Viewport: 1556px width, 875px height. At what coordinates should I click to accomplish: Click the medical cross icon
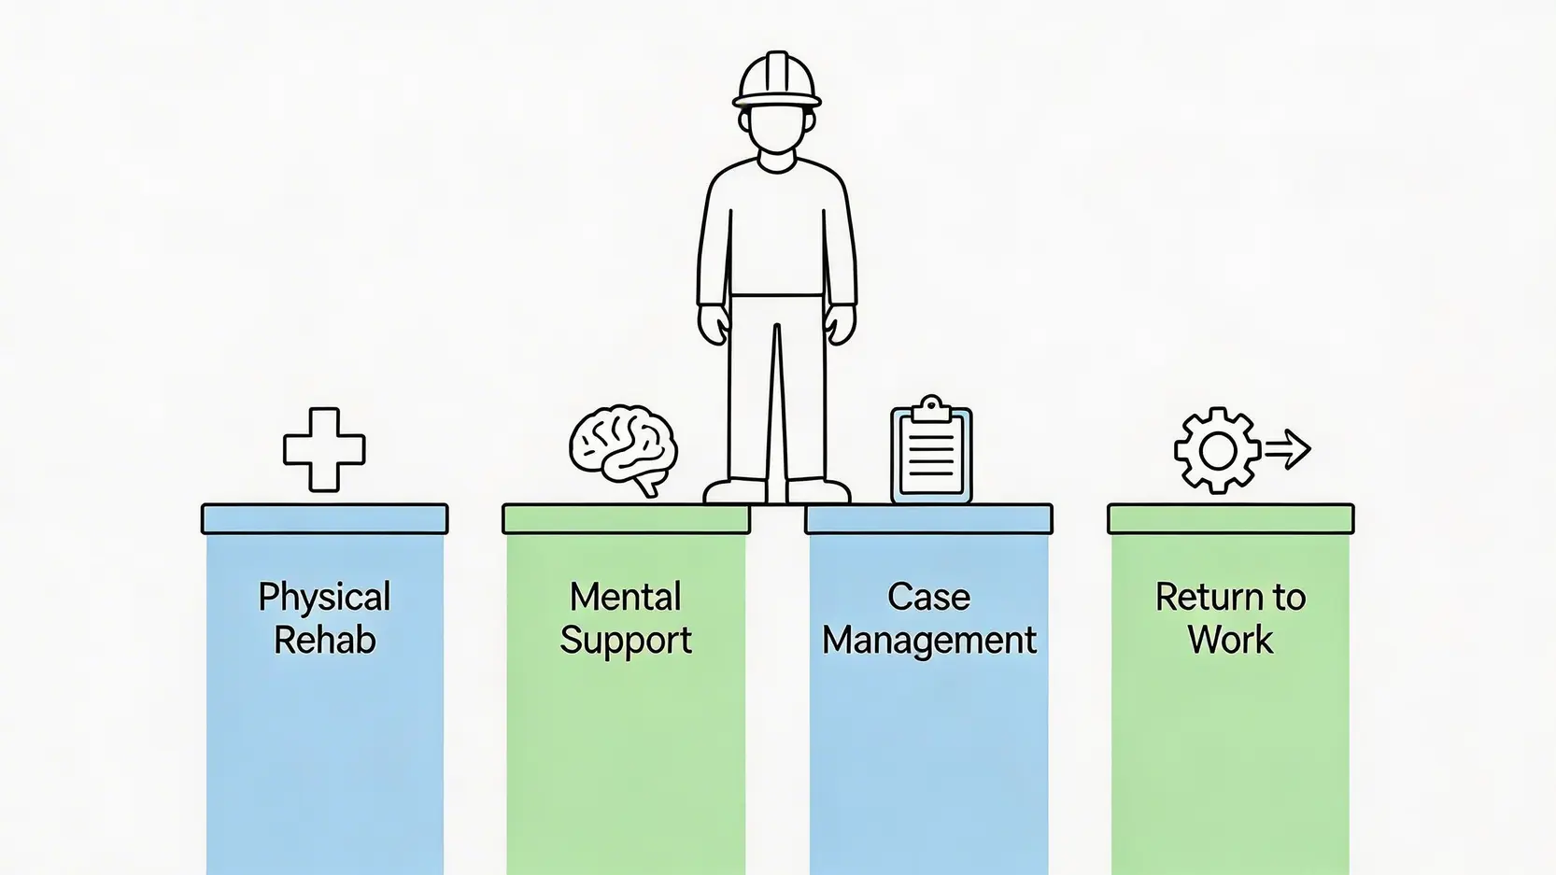pyautogui.click(x=324, y=450)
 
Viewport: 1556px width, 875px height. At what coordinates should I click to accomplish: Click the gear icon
pyautogui.click(x=1218, y=450)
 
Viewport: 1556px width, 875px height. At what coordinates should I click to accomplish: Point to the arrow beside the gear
pyautogui.click(x=1289, y=448)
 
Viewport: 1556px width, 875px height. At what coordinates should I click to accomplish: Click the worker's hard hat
pyautogui.click(x=776, y=81)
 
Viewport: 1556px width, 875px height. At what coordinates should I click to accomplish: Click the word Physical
pyautogui.click(x=324, y=598)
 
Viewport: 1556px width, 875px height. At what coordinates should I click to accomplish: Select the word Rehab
pyautogui.click(x=324, y=641)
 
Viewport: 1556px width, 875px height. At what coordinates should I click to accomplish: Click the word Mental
pyautogui.click(x=626, y=597)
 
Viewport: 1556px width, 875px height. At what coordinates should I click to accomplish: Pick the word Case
pyautogui.click(x=928, y=597)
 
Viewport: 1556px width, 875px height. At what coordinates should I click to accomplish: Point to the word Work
pyautogui.click(x=1230, y=641)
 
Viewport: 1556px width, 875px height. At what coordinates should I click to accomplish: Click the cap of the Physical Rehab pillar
pyautogui.click(x=324, y=519)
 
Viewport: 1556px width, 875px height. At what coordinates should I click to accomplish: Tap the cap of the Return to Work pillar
pyautogui.click(x=1230, y=519)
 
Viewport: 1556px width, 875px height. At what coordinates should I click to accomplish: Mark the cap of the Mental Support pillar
pyautogui.click(x=626, y=519)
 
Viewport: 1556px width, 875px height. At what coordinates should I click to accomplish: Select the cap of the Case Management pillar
pyautogui.click(x=928, y=519)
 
